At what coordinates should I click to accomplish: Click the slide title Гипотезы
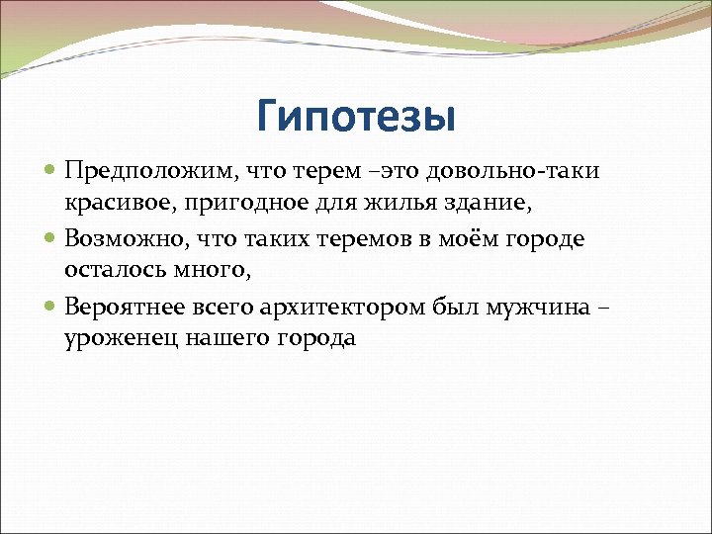tap(356, 117)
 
